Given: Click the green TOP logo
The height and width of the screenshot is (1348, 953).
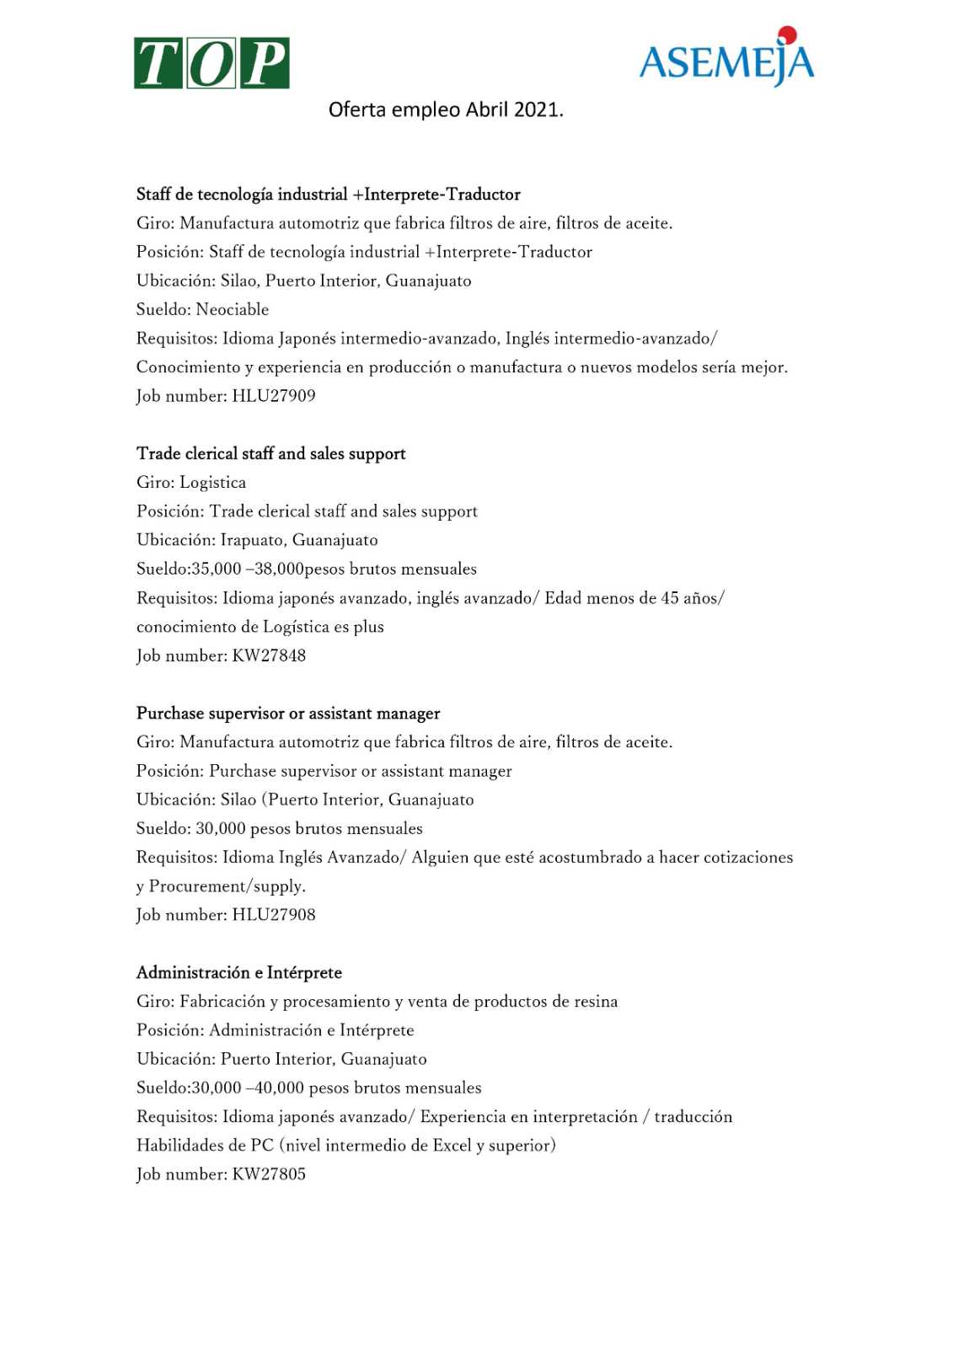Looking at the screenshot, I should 211,63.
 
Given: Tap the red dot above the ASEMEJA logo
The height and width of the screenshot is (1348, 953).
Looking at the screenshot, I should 787,35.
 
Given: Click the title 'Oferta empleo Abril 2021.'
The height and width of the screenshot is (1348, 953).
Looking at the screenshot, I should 446,110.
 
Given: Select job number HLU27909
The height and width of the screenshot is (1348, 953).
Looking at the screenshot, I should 273,396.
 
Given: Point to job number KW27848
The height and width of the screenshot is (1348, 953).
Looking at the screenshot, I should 269,655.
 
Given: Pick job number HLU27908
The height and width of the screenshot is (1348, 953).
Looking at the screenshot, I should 273,915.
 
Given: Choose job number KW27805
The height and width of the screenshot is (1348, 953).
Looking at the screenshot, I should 269,1174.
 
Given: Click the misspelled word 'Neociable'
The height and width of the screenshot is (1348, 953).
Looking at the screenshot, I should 233,309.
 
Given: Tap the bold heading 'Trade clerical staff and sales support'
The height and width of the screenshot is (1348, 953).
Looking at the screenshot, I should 271,453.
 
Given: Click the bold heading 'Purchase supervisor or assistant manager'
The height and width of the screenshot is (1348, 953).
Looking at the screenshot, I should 288,713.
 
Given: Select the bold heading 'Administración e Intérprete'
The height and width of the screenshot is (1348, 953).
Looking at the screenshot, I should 239,972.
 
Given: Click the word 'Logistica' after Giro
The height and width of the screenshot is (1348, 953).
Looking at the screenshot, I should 213,483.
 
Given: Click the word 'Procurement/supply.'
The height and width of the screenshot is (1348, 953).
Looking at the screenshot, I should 228,886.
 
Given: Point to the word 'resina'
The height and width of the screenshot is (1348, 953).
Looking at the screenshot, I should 596,1002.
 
